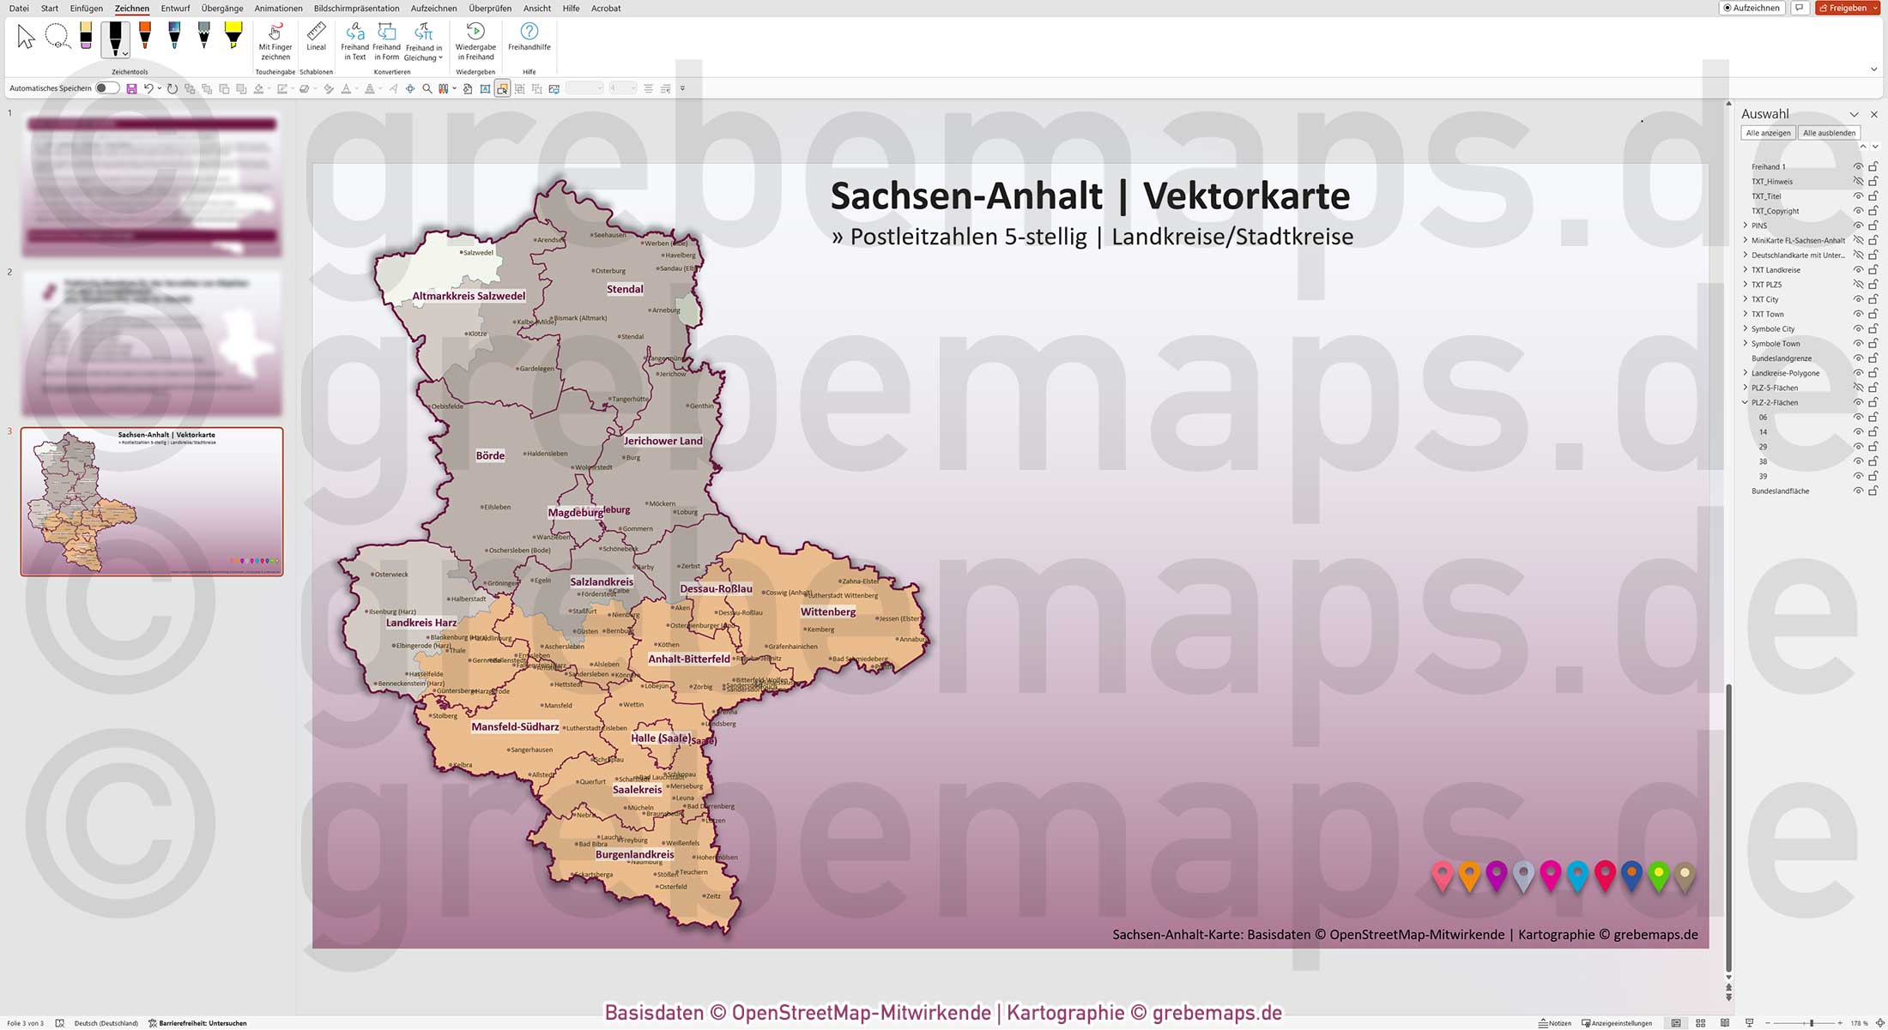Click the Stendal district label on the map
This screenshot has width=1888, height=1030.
coord(625,289)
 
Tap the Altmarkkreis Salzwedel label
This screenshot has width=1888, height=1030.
coord(469,296)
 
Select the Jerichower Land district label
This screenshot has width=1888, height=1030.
coord(663,441)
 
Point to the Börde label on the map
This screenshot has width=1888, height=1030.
coord(490,455)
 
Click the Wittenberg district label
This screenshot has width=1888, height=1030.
coord(827,611)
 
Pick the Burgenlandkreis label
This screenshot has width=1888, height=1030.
coord(634,854)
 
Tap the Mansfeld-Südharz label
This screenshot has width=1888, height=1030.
coord(515,726)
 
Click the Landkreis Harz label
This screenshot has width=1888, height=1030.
coord(421,623)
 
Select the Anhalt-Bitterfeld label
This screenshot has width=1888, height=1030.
coord(688,659)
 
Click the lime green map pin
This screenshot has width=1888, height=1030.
coord(1659,874)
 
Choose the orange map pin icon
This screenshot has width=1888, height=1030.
coord(1469,875)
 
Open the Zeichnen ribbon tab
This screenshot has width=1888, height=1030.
coord(132,9)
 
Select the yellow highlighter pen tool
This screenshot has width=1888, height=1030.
coord(233,36)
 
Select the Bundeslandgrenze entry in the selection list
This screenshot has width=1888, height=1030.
coord(1782,358)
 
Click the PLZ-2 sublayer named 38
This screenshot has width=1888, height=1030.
coord(1763,461)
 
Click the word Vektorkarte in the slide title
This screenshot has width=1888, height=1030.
coord(1246,196)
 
